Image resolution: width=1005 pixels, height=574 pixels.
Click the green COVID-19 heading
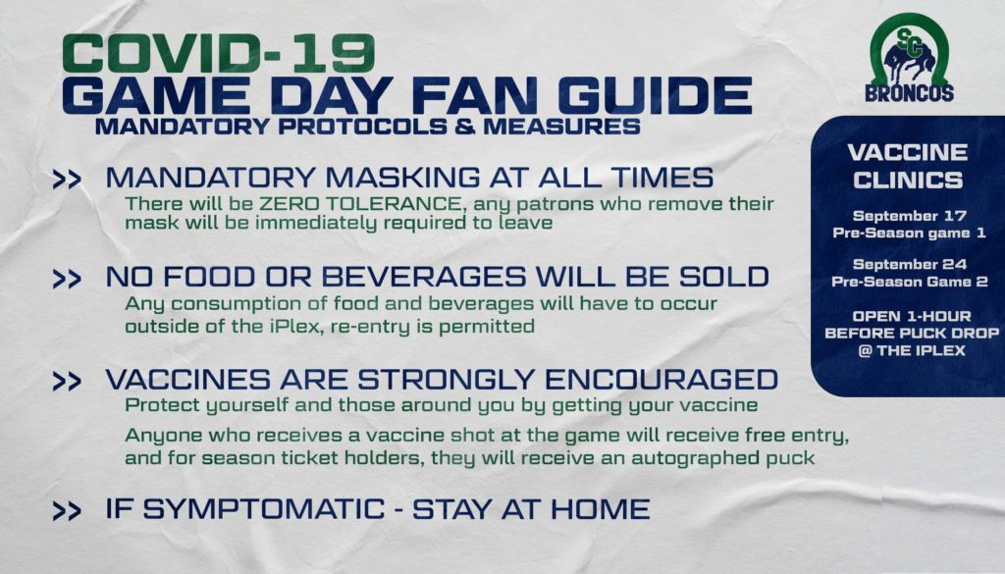point(219,54)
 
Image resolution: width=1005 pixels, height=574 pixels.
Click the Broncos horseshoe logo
point(909,50)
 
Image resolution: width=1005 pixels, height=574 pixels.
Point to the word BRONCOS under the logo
point(910,93)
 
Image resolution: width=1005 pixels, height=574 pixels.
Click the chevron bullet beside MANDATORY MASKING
point(68,180)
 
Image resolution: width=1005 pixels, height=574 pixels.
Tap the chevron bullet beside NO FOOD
point(68,279)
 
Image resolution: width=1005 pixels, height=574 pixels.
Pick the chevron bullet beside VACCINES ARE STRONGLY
point(68,381)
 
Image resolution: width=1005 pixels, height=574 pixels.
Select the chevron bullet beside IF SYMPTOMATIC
point(68,510)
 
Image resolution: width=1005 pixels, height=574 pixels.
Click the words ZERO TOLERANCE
point(359,204)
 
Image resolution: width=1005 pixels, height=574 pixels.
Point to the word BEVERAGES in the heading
point(424,277)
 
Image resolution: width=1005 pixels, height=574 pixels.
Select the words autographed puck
point(723,458)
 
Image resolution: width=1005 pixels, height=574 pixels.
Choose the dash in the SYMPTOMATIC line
point(398,510)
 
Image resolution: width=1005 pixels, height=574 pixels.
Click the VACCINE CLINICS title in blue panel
point(908,166)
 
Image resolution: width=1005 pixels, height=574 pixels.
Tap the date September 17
point(910,216)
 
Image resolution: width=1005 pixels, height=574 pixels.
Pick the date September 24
point(910,264)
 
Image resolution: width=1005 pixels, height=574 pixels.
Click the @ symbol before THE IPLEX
point(865,351)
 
